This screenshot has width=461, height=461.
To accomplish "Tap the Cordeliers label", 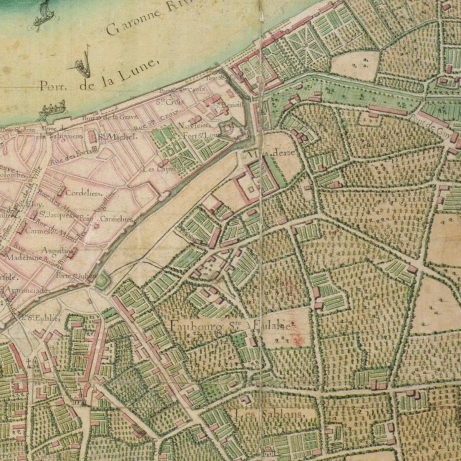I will coord(84,193).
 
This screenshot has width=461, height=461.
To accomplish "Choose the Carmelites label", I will coord(116,219).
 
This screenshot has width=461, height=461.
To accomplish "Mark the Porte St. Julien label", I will coord(72,275).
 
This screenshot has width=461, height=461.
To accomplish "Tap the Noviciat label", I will coord(194,126).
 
